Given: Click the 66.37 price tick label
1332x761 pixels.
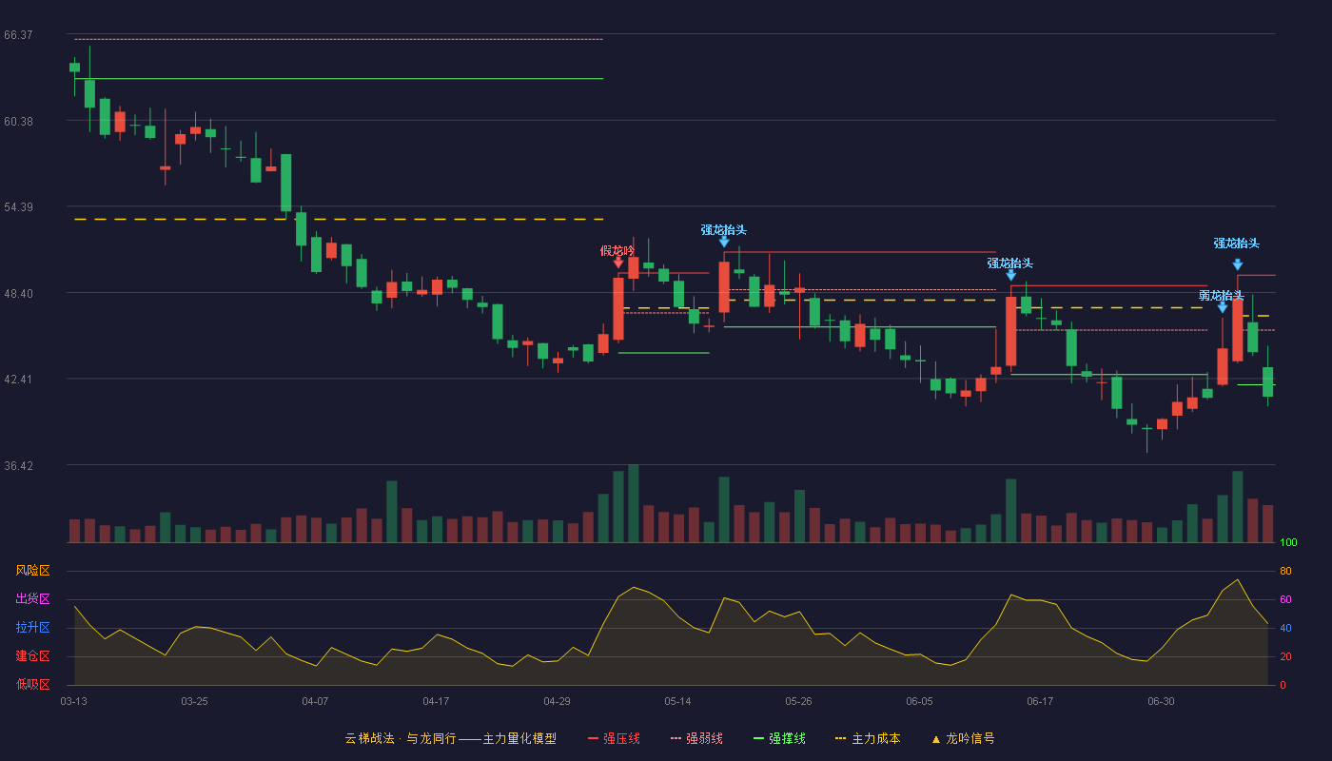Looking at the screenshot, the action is click(x=18, y=35).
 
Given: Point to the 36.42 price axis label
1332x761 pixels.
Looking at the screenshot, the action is click(x=18, y=465).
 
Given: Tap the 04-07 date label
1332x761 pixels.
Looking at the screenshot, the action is click(x=315, y=702).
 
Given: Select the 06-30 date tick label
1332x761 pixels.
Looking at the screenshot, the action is click(x=1162, y=702).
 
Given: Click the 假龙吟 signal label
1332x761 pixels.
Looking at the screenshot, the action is click(x=617, y=251).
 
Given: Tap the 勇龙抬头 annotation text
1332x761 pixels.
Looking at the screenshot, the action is click(x=1222, y=296).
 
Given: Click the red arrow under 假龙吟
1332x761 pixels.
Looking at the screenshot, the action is click(x=618, y=263).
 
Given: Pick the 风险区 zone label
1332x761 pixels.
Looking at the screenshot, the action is click(x=32, y=571).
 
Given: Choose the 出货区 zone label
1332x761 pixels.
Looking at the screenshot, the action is click(x=32, y=598).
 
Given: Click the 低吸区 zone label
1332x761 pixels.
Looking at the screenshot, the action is click(x=32, y=684).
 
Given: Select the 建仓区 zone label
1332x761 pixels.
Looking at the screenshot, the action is click(x=32, y=655).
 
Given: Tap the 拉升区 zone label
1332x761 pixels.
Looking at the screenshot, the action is click(x=32, y=627).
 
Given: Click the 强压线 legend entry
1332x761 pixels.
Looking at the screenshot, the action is click(x=614, y=738).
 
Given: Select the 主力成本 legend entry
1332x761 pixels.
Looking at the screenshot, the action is click(x=868, y=738).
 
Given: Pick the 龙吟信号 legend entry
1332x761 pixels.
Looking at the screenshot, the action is click(x=963, y=738).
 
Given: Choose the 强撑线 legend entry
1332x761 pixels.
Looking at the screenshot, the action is click(x=779, y=738).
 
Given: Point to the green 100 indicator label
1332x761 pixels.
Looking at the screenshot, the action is click(x=1288, y=542).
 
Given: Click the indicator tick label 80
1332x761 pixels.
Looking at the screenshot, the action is click(x=1285, y=571).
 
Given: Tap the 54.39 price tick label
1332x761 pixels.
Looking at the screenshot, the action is click(x=18, y=207).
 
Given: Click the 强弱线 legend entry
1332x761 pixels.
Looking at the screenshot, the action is click(x=696, y=738).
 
